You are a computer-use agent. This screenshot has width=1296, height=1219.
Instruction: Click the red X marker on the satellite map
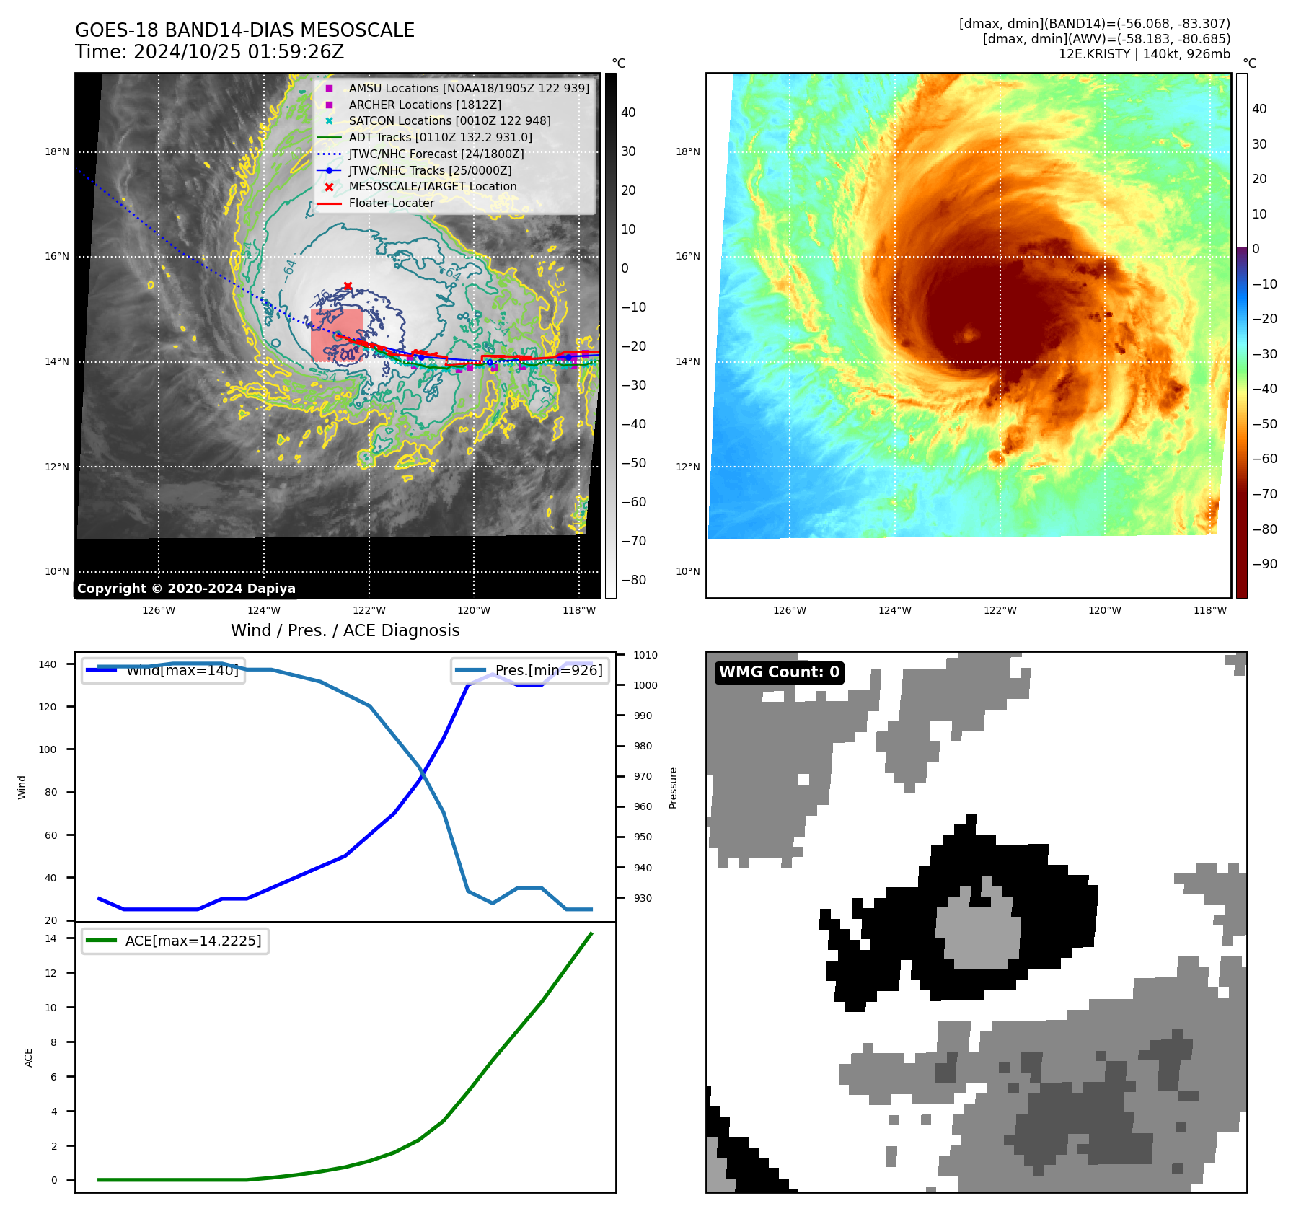pos(348,286)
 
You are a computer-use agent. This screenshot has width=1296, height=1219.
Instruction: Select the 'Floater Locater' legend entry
pos(391,203)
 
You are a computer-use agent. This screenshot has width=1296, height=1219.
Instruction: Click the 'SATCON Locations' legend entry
pos(449,121)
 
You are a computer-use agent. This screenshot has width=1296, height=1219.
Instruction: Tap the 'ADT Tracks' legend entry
pos(440,138)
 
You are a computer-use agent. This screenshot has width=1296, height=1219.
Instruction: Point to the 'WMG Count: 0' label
pos(779,672)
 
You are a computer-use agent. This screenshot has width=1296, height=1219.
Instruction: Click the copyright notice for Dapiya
pos(186,589)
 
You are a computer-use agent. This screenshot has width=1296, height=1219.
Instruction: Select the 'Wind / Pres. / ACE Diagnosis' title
pos(345,631)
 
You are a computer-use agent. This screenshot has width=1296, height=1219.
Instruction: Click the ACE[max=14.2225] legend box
pos(175,941)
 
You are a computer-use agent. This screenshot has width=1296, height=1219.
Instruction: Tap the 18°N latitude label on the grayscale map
pos(57,152)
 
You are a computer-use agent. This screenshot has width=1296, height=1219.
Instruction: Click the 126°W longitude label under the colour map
pos(790,611)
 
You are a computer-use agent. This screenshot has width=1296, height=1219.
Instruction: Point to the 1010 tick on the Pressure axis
pos(645,656)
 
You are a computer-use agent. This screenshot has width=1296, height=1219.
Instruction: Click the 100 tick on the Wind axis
pos(48,750)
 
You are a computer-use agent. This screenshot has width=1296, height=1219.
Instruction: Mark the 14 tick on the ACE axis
pos(51,939)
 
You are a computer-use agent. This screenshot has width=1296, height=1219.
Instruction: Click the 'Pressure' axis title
pos(673,788)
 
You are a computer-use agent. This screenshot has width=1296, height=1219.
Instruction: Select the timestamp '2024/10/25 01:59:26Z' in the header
pos(239,53)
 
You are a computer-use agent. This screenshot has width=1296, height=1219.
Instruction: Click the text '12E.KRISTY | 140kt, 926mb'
pos(1144,54)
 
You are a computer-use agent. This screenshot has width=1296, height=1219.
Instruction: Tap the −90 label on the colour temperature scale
pos(1264,565)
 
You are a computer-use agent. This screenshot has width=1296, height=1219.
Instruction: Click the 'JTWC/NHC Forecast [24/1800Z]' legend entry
pos(436,154)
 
